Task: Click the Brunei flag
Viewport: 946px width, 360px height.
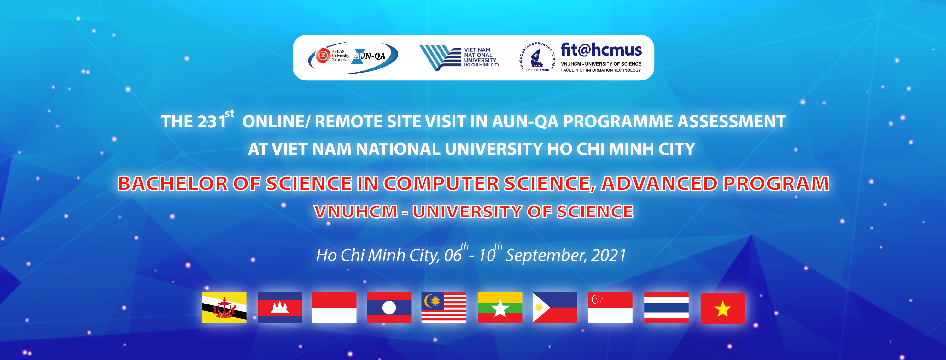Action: [x=224, y=308]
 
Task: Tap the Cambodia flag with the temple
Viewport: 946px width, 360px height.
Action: [x=279, y=308]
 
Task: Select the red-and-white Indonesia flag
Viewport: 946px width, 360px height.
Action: [x=334, y=308]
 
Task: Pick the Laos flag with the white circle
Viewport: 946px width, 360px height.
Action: [x=389, y=308]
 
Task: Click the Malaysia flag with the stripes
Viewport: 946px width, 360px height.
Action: [x=444, y=308]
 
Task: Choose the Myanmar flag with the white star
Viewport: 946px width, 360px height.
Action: [x=500, y=308]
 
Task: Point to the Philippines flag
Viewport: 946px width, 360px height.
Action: [x=555, y=308]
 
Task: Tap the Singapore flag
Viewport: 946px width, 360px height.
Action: [x=610, y=308]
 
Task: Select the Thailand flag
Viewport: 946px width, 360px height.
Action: [x=666, y=308]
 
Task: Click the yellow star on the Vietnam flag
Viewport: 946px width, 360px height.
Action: [x=722, y=309]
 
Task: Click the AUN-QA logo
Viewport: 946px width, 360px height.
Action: [x=353, y=58]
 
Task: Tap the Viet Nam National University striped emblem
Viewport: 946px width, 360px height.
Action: [x=440, y=58]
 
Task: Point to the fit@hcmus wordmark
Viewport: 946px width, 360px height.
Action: [x=601, y=50]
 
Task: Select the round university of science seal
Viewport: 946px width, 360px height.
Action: [x=537, y=57]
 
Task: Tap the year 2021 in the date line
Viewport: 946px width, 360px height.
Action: [x=609, y=255]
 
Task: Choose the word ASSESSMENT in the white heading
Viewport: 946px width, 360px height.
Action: [x=732, y=121]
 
